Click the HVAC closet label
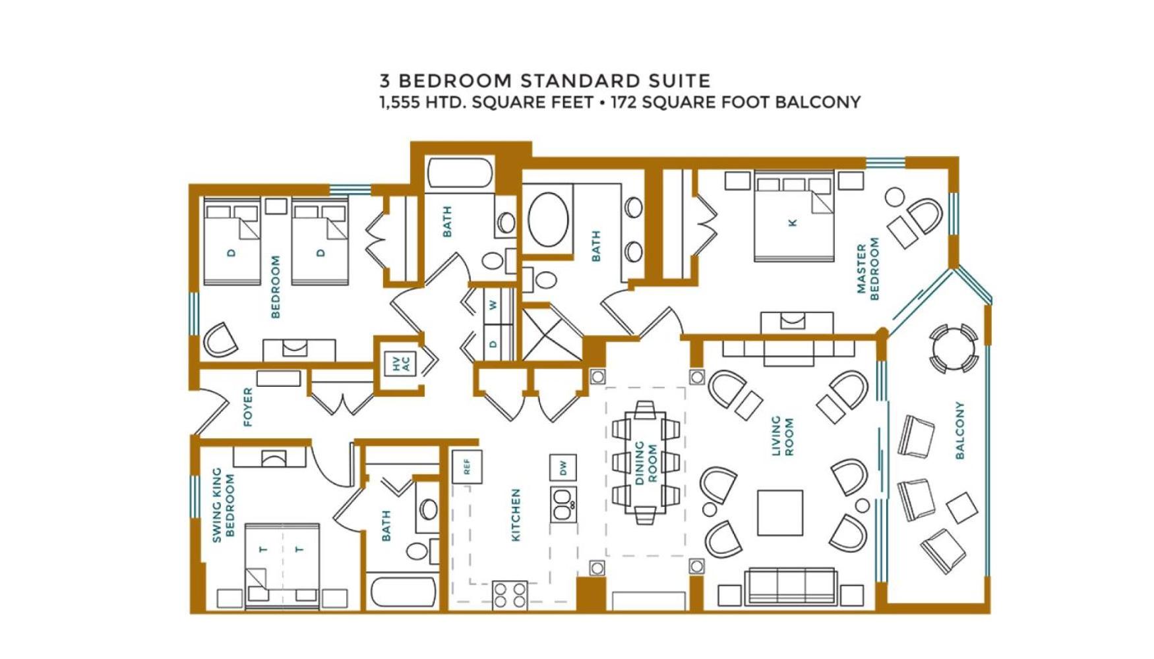tap(401, 364)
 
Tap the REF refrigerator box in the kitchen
tap(467, 467)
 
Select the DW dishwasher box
tap(562, 468)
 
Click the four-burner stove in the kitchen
tap(510, 595)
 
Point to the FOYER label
tap(248, 407)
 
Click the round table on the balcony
tap(954, 349)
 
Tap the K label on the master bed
tap(793, 223)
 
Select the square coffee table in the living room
tap(779, 512)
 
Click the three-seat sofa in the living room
tap(791, 587)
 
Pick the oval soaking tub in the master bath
tap(548, 219)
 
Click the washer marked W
tap(492, 306)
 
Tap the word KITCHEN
tap(516, 515)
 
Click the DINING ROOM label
tap(646, 463)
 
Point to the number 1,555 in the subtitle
tap(399, 103)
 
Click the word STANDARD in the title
tap(581, 81)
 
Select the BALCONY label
tap(959, 430)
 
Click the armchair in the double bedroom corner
tap(221, 339)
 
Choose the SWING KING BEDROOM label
tap(223, 505)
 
